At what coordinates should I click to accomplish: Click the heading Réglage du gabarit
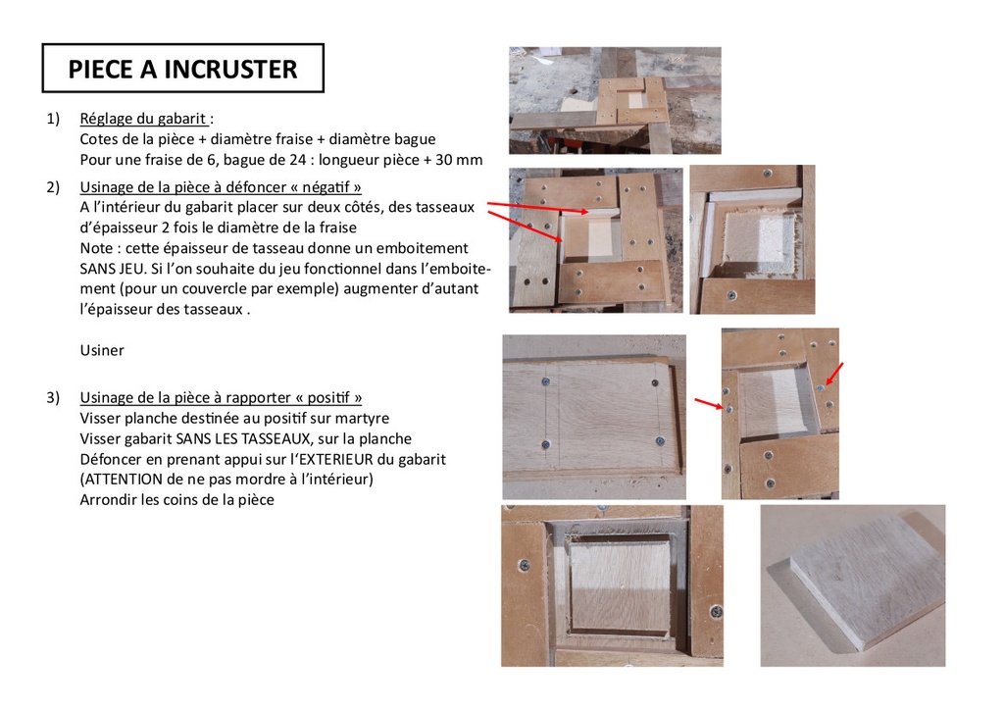(x=143, y=119)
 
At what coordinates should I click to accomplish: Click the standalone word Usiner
(x=102, y=350)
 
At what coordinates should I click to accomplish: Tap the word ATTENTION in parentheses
(x=124, y=479)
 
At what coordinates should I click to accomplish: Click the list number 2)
(x=53, y=187)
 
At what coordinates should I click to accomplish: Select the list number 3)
(x=53, y=397)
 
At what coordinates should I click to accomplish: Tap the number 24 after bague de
(x=297, y=160)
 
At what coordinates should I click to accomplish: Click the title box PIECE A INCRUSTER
(x=183, y=68)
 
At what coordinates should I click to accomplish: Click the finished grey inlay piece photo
(x=853, y=585)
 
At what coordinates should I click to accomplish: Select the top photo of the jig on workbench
(x=615, y=100)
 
